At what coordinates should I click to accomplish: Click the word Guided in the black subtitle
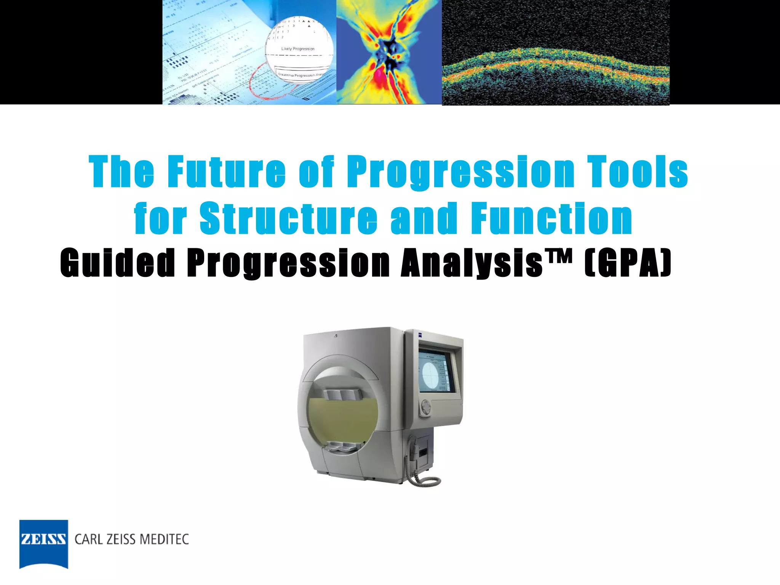[x=117, y=263]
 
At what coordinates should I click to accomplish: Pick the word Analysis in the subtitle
[x=472, y=263]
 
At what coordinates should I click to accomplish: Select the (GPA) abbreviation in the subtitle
[x=628, y=263]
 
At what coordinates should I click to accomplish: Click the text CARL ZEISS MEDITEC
[x=132, y=539]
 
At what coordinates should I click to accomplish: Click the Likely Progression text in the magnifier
[x=298, y=49]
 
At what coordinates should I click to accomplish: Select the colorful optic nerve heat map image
[x=389, y=52]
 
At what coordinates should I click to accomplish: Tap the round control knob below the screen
[x=426, y=408]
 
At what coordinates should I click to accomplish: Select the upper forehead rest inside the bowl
[x=341, y=395]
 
